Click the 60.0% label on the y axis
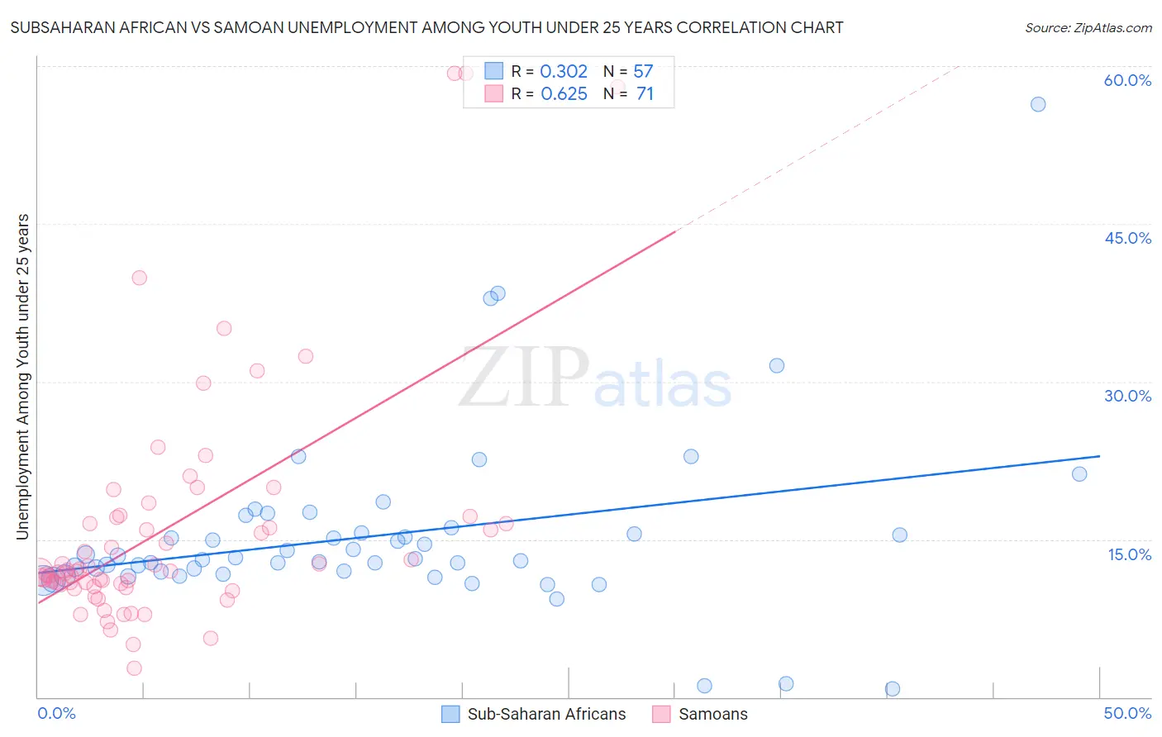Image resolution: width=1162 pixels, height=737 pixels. pyautogui.click(x=1127, y=80)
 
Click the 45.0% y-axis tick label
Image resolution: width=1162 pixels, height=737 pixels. pyautogui.click(x=1127, y=238)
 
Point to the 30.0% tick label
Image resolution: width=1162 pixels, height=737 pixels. pyautogui.click(x=1127, y=396)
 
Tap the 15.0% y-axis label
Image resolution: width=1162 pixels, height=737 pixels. pyautogui.click(x=1129, y=554)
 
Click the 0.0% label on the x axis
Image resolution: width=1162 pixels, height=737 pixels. pyautogui.click(x=56, y=713)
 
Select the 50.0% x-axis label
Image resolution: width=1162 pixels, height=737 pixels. pyautogui.click(x=1127, y=713)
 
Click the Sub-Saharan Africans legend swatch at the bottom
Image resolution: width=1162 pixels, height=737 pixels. pyautogui.click(x=450, y=714)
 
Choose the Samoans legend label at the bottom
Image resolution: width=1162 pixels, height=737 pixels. pyautogui.click(x=712, y=714)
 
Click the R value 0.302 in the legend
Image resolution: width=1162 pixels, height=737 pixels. pyautogui.click(x=564, y=72)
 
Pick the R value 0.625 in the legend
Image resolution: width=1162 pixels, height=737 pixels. pyautogui.click(x=564, y=94)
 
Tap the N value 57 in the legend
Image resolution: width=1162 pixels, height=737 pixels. pyautogui.click(x=643, y=72)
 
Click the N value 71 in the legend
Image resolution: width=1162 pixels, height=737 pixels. pyautogui.click(x=645, y=94)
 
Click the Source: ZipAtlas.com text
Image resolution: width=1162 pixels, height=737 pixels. pyautogui.click(x=1088, y=27)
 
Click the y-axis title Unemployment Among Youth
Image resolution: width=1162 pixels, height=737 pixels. pyautogui.click(x=23, y=377)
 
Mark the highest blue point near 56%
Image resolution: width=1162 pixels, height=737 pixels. pyautogui.click(x=1038, y=104)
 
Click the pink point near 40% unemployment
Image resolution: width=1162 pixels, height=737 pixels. pyautogui.click(x=139, y=278)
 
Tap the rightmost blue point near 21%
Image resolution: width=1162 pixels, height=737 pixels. pyautogui.click(x=1079, y=474)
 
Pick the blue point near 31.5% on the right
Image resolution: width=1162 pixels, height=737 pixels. pyautogui.click(x=777, y=365)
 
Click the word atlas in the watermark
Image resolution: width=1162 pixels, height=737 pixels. pyautogui.click(x=663, y=385)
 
